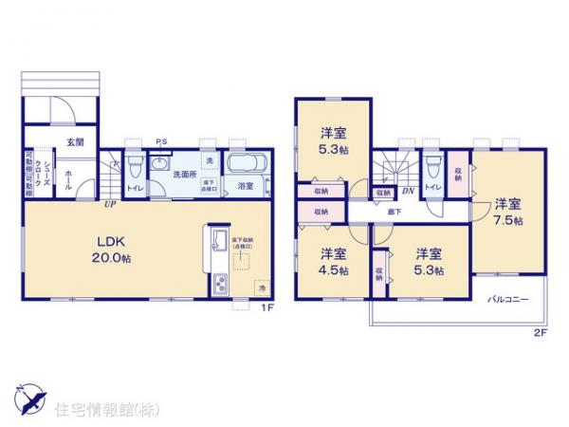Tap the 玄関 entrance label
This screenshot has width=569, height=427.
pyautogui.click(x=75, y=142)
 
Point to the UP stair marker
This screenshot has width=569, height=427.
pyautogui.click(x=111, y=202)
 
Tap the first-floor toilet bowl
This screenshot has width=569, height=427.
pyautogui.click(x=134, y=167)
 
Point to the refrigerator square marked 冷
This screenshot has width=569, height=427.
pyautogui.click(x=260, y=286)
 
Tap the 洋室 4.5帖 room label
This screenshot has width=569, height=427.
pyautogui.click(x=332, y=261)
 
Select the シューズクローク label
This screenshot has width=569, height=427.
pyautogui.click(x=42, y=175)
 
